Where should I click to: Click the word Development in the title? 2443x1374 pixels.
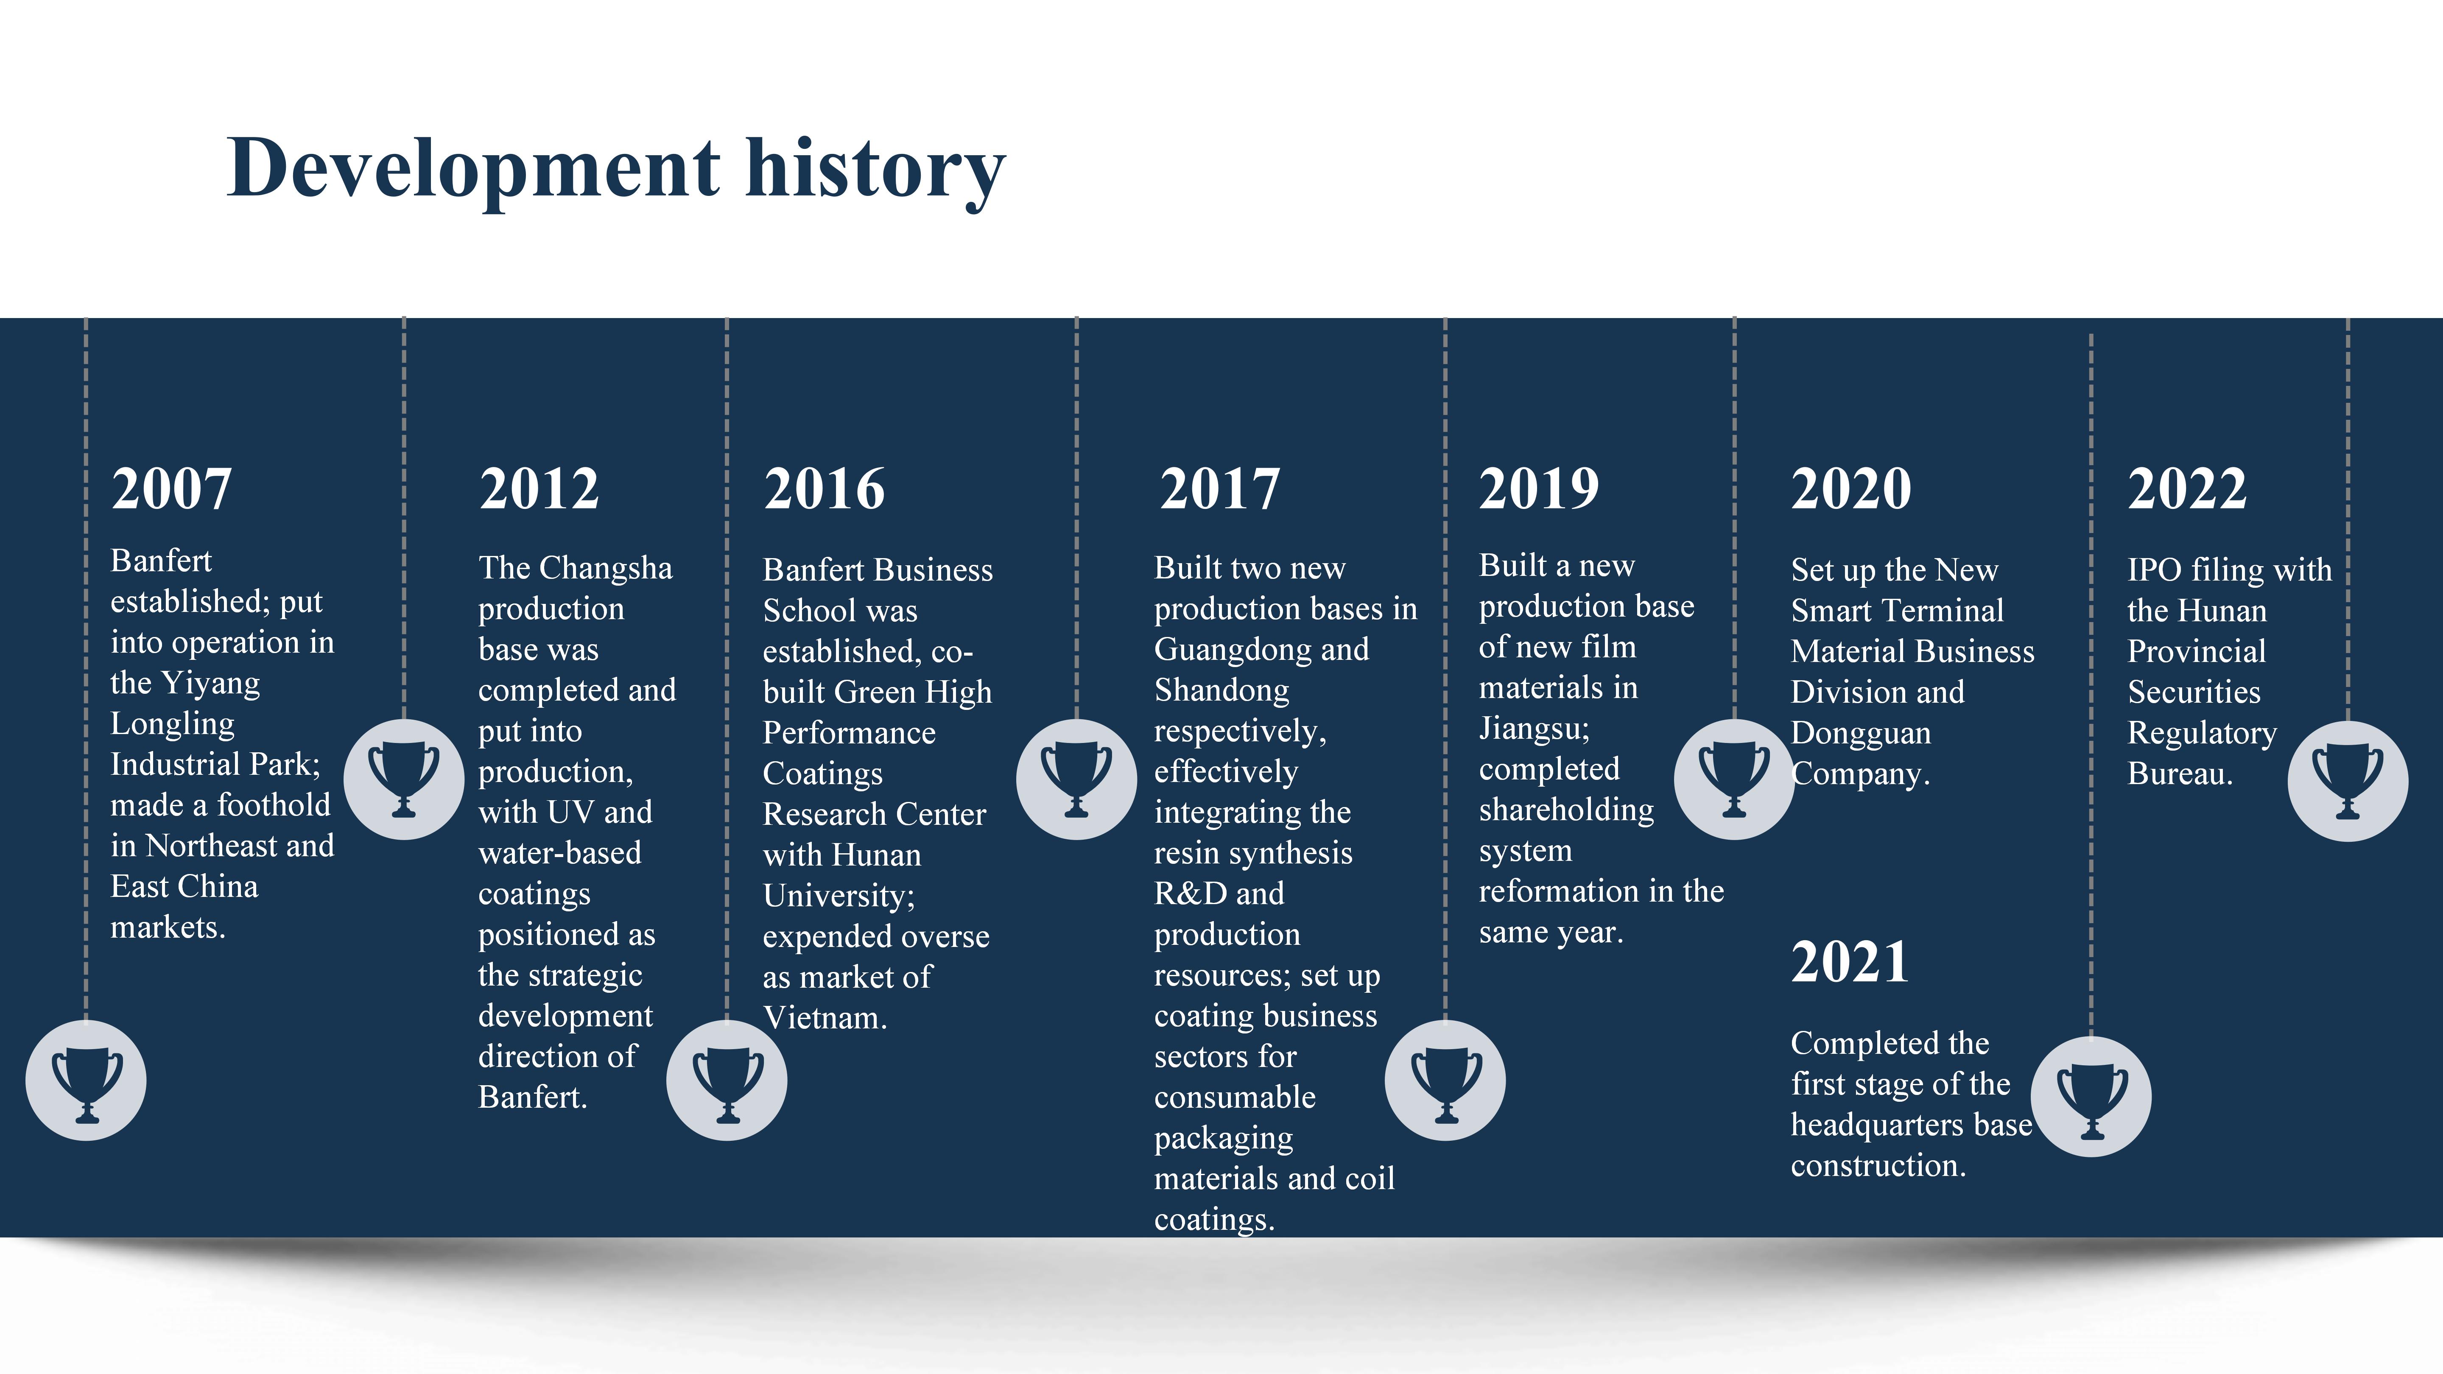473,169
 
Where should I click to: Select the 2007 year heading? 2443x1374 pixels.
172,489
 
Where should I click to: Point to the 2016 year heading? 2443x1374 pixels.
824,489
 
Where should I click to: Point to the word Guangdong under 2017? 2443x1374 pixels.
1261,650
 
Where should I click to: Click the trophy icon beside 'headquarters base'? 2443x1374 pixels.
2091,1097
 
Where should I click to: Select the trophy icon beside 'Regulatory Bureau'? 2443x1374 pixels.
2347,780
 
